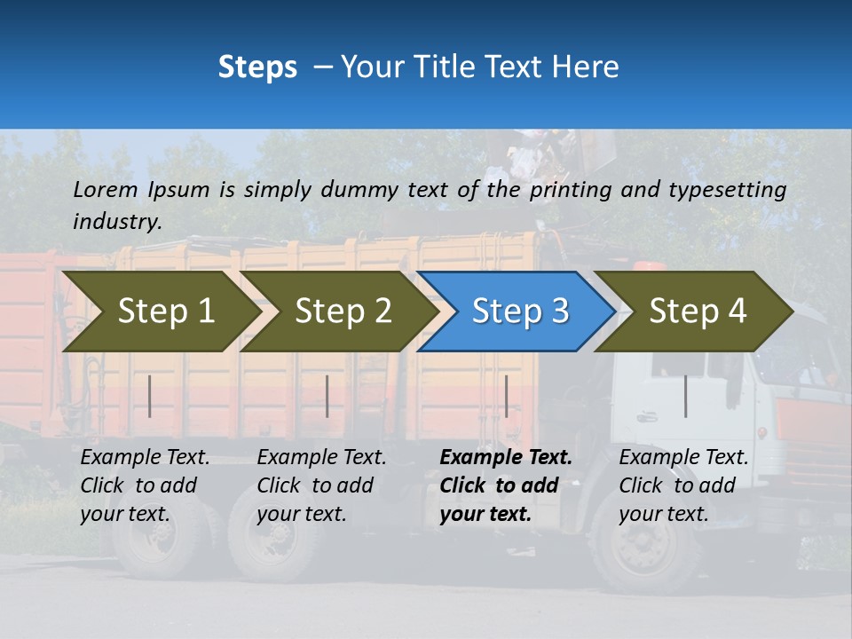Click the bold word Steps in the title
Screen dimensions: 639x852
coord(257,67)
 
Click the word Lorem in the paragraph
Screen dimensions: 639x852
coord(106,189)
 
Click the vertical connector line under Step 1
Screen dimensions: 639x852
coord(150,396)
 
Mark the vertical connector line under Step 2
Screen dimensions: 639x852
coord(327,396)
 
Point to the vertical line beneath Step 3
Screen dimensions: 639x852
coord(506,396)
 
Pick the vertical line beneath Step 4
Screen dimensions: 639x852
coord(685,396)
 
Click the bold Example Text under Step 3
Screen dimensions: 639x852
coord(506,458)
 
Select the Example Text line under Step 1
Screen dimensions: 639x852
coord(145,458)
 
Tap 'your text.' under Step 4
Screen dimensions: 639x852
coord(663,514)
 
